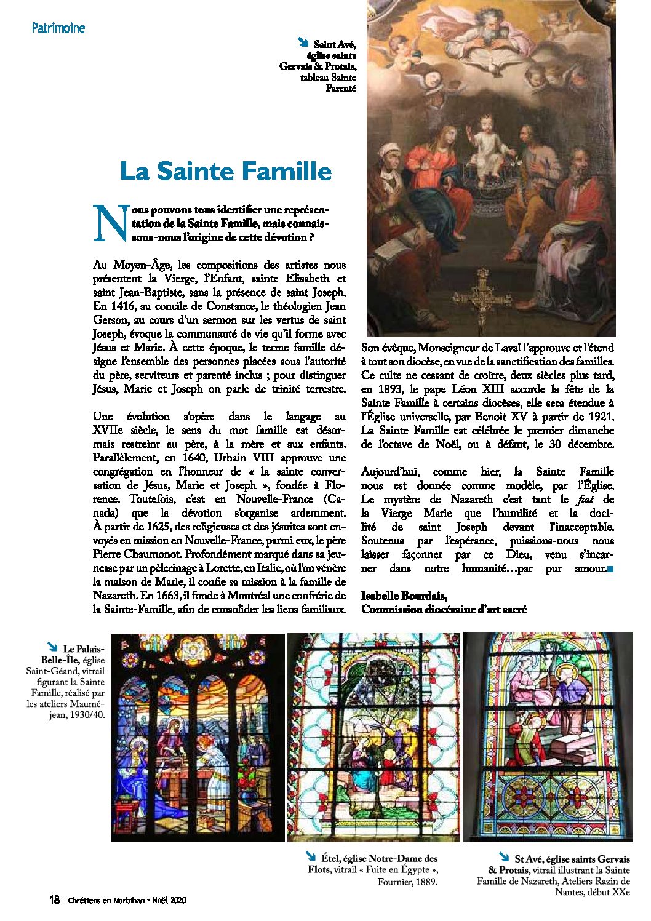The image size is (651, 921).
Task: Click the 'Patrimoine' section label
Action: point(58,28)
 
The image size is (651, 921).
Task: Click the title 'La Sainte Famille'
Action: point(226,170)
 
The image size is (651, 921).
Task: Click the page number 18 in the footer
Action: point(54,900)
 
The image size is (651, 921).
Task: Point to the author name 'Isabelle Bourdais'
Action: point(404,596)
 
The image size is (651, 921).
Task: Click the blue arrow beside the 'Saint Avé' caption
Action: point(302,42)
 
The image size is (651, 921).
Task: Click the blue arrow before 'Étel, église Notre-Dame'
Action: point(311,856)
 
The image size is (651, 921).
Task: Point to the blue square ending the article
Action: point(610,569)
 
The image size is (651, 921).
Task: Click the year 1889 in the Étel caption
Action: point(425,882)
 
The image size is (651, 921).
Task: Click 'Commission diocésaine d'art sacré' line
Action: point(444,609)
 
